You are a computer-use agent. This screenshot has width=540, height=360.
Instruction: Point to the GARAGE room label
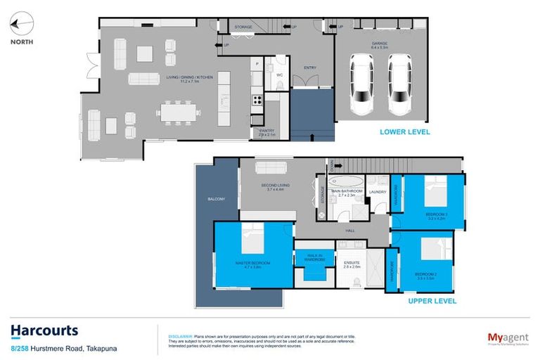[x=380, y=44]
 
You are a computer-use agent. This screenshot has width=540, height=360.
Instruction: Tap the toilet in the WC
[x=278, y=85]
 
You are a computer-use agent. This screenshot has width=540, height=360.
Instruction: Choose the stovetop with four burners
[x=257, y=99]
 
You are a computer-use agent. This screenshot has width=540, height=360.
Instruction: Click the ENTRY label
[x=310, y=68]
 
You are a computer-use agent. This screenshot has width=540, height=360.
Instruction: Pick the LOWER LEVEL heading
[x=404, y=131]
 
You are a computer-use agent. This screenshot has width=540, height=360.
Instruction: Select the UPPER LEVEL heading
[x=432, y=301]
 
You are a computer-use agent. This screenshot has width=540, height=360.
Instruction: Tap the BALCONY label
[x=216, y=200]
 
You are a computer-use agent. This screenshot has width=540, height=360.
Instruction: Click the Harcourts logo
[x=44, y=330]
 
